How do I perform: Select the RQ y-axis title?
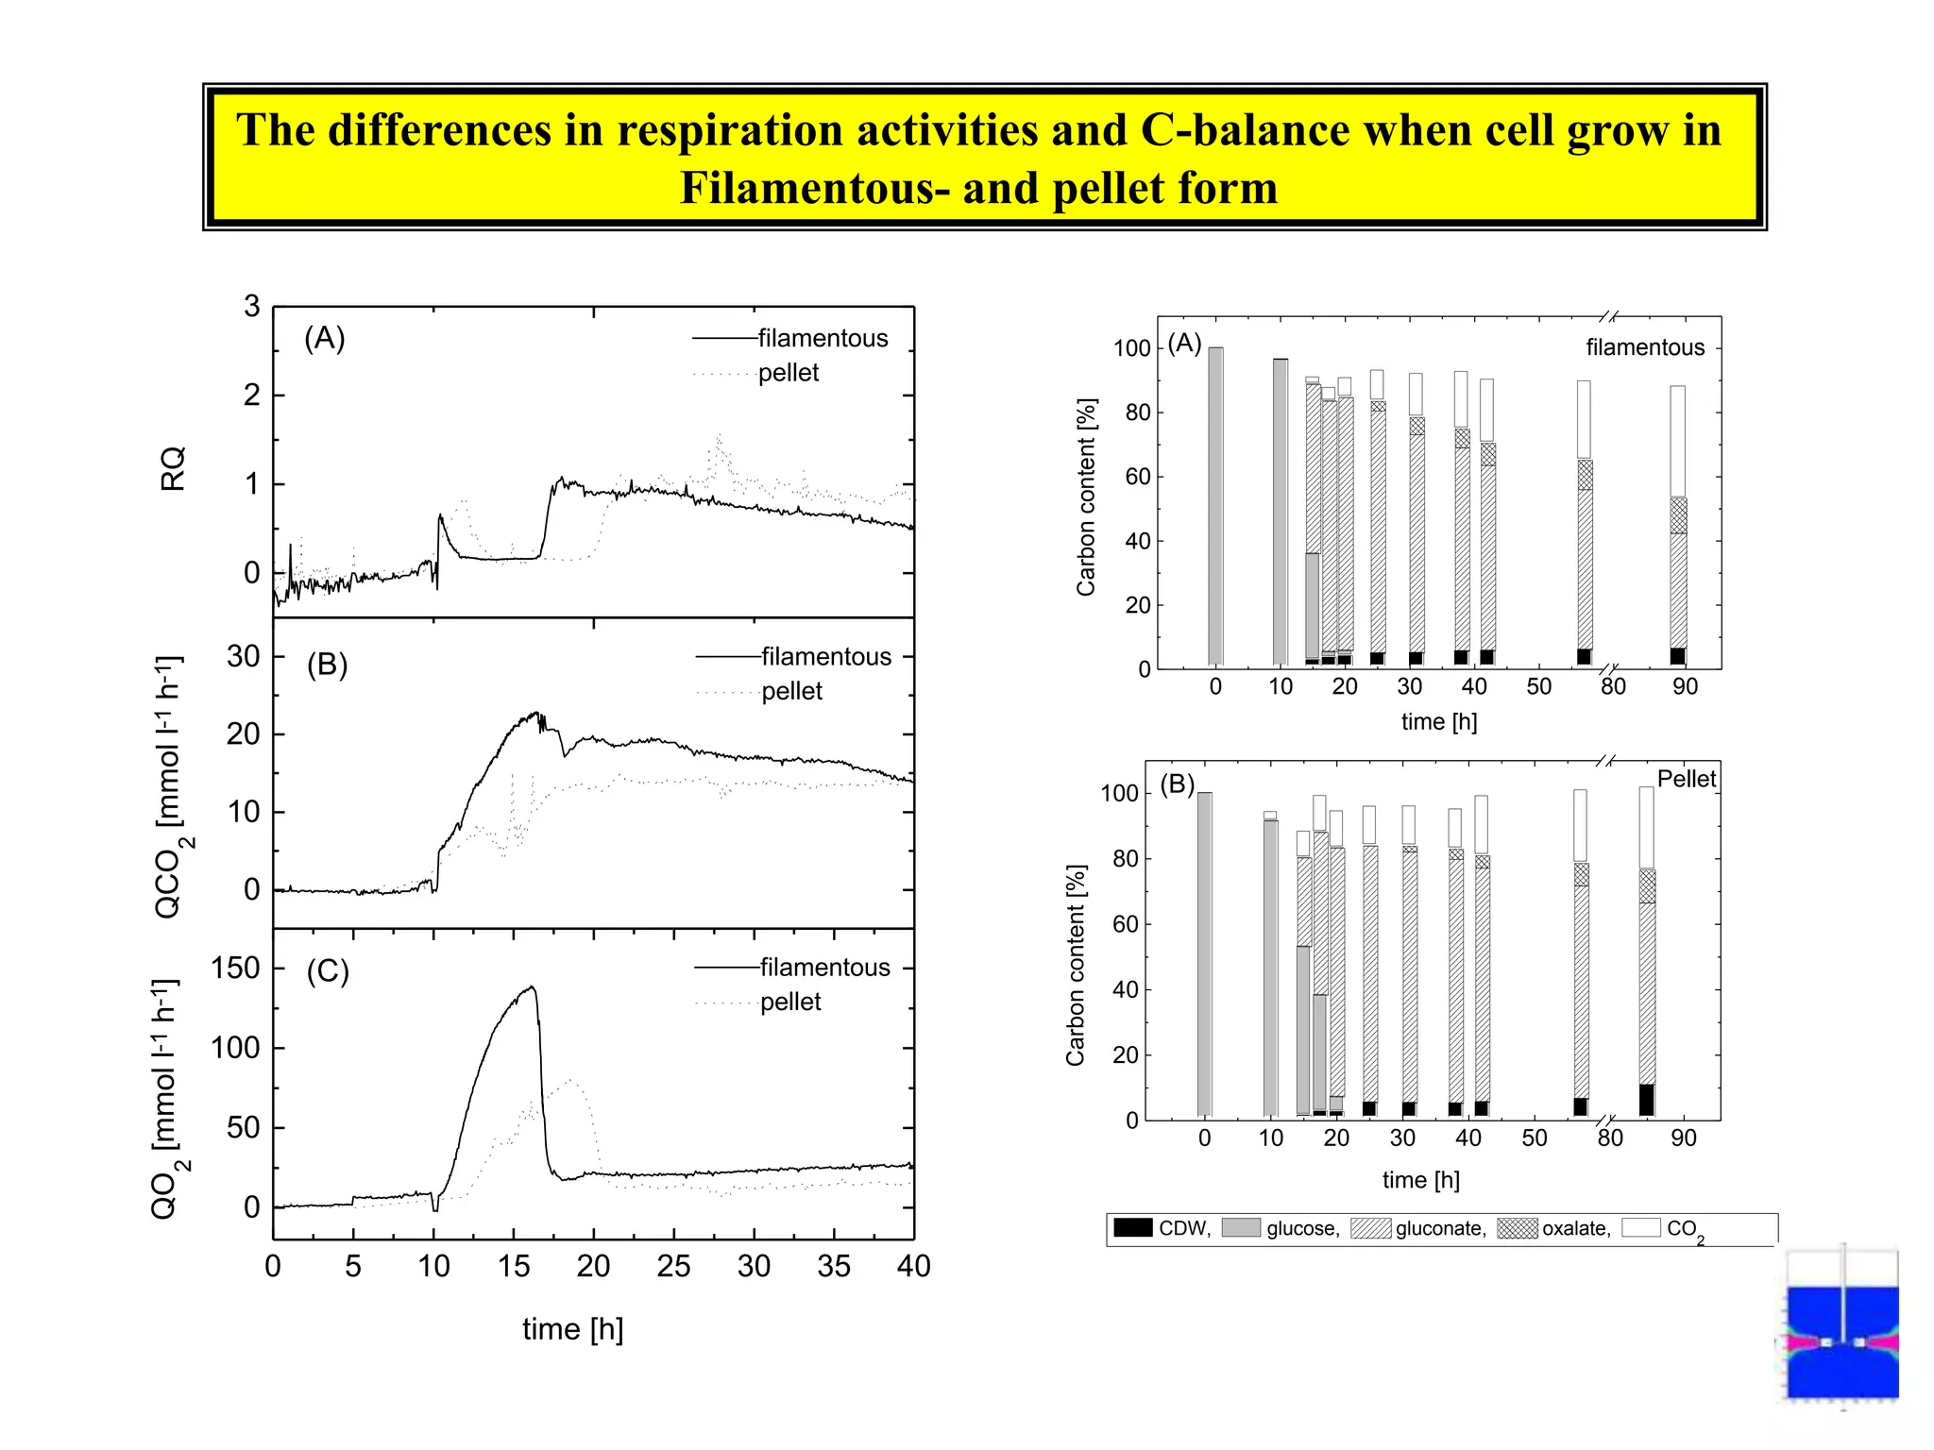point(173,468)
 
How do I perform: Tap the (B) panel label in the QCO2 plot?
point(327,665)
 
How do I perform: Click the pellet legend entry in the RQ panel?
point(788,373)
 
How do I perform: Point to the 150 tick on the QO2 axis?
point(235,969)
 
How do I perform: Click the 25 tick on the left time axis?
point(673,1267)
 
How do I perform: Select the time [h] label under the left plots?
point(572,1329)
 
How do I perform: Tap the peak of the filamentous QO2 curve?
point(533,987)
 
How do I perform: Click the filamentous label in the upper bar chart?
point(1644,347)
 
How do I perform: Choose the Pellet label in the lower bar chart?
point(1686,779)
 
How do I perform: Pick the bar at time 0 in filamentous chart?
point(1215,506)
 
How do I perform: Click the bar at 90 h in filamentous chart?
point(1677,525)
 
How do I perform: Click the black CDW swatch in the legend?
point(1132,1227)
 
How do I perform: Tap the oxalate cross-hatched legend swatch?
point(1517,1227)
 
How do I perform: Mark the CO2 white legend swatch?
point(1641,1227)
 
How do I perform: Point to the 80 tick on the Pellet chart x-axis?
point(1610,1138)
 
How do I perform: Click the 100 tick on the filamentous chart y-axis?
point(1131,348)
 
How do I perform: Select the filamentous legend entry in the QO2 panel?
point(824,968)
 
